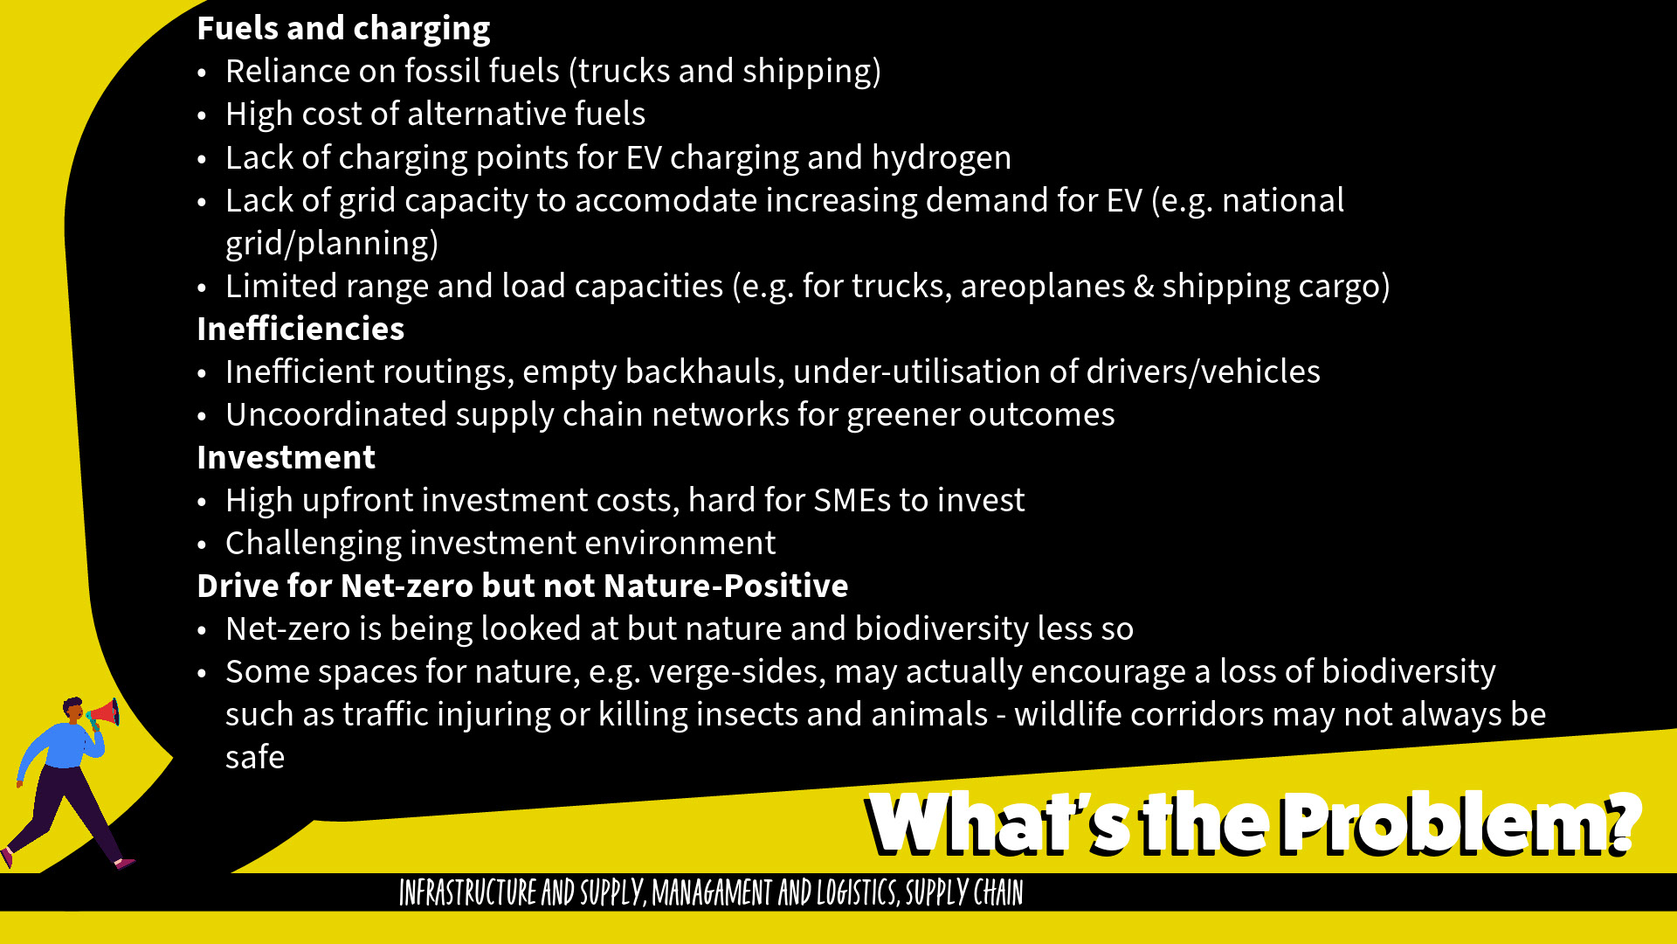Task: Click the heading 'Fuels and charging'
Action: tap(343, 29)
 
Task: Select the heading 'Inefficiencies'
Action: tap(300, 329)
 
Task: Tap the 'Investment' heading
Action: tap(286, 457)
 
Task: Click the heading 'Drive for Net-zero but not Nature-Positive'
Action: tap(522, 586)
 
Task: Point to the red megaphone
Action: tap(105, 714)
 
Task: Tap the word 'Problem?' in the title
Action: tap(1460, 823)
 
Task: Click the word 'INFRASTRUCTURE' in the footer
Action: tap(467, 892)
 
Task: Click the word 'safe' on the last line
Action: tap(255, 757)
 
